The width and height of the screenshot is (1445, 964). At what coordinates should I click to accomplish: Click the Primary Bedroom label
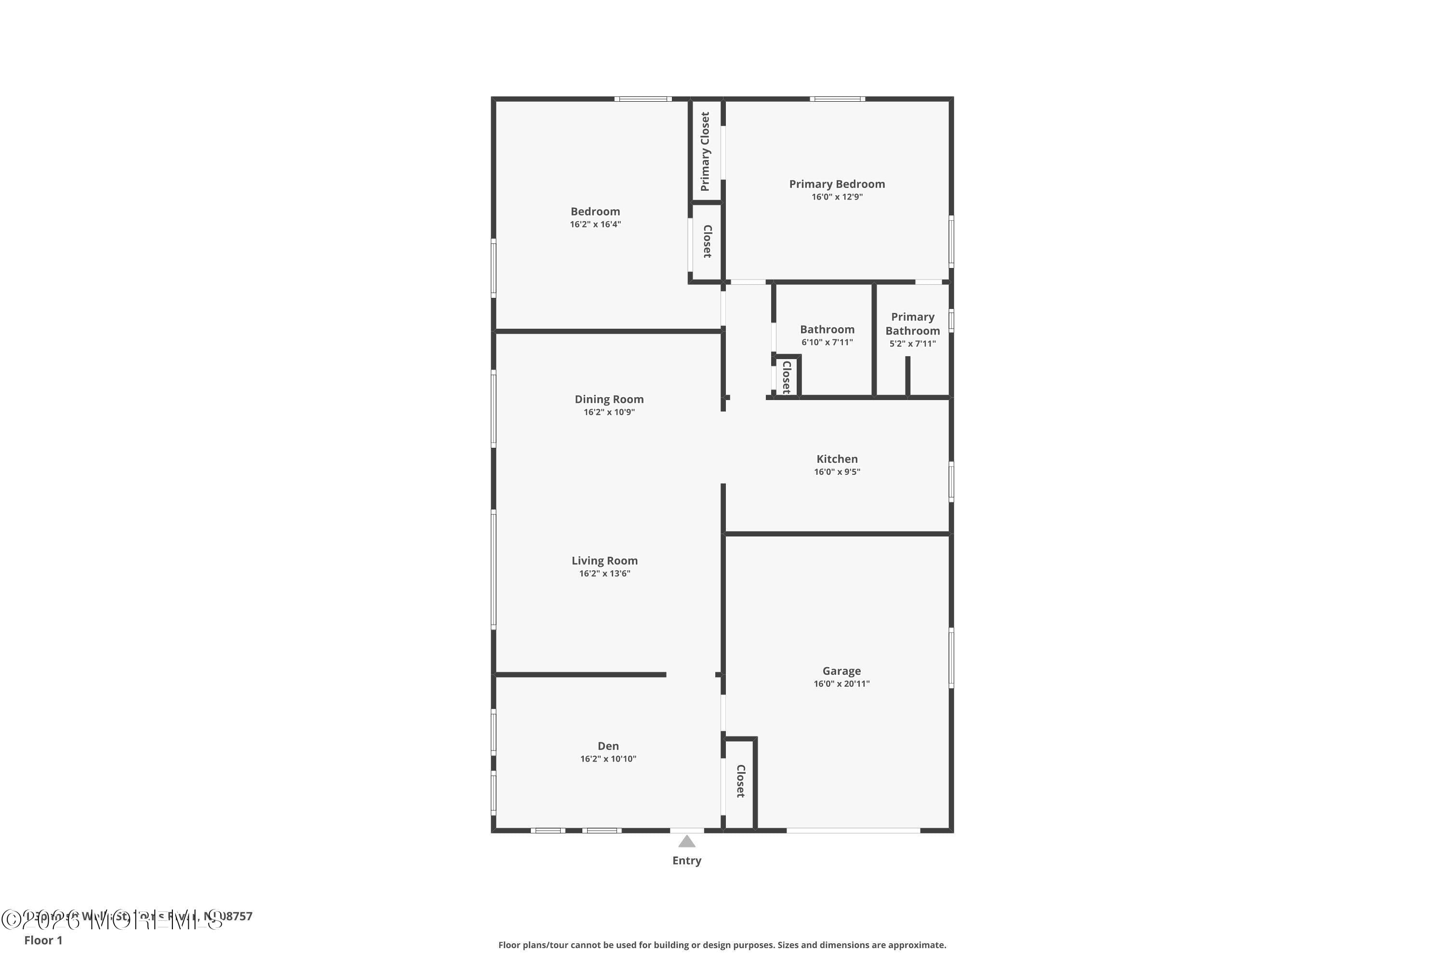point(837,184)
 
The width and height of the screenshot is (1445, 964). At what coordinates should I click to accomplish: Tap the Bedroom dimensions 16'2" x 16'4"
point(595,225)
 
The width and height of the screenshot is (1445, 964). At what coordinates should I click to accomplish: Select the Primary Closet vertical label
point(705,151)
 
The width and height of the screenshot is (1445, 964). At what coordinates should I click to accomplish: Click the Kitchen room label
point(837,459)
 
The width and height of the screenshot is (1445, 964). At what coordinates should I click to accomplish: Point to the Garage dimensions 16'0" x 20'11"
point(841,683)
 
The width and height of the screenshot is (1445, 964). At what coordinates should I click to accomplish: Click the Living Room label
point(604,560)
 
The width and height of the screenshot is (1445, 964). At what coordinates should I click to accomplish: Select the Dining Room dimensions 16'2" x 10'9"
point(609,412)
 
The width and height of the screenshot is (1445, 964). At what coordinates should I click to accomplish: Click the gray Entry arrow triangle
point(686,842)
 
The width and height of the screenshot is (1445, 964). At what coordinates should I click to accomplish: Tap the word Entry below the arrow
point(686,861)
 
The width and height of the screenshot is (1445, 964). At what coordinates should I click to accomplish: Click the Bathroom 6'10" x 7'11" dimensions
point(827,342)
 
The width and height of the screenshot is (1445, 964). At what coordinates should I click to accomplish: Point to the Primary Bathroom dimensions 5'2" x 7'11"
point(912,344)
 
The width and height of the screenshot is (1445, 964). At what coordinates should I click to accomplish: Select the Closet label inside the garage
point(740,781)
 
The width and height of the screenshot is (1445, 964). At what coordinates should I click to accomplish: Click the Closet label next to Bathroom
point(786,377)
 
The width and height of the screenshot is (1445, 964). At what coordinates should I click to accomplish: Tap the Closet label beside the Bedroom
point(707,241)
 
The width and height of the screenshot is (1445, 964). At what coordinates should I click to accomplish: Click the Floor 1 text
point(43,940)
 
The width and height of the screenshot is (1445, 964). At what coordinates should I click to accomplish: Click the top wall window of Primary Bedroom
point(837,99)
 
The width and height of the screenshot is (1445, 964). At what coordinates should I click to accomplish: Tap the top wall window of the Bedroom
point(642,99)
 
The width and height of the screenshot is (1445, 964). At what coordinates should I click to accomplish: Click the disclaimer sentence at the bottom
point(722,945)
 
